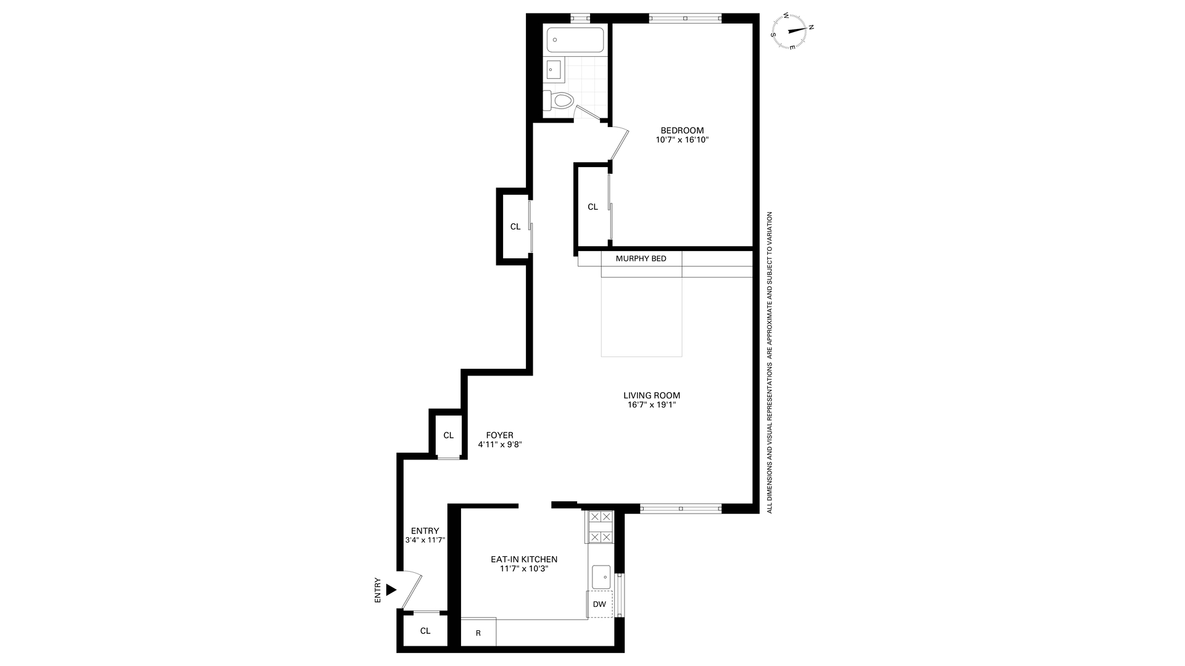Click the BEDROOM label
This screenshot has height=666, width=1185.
(x=681, y=130)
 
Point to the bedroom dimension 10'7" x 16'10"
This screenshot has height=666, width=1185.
(x=681, y=140)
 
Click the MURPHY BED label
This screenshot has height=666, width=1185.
(x=641, y=258)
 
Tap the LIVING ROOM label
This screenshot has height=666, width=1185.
(x=651, y=395)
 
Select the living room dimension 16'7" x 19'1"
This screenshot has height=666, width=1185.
(x=651, y=405)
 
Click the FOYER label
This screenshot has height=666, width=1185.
(x=499, y=435)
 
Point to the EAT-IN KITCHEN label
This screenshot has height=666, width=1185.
(x=523, y=559)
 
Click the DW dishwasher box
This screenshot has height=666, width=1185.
(x=599, y=604)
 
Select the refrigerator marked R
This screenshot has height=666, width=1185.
(x=478, y=633)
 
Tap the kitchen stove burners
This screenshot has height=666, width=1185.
(x=600, y=527)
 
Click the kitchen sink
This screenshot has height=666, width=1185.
(x=601, y=577)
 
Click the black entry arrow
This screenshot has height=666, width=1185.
(x=391, y=590)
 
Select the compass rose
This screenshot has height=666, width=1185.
(x=792, y=30)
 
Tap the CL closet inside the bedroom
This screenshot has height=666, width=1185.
(x=592, y=207)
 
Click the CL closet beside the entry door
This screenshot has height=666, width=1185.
(x=425, y=630)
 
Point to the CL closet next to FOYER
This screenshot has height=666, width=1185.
(x=448, y=435)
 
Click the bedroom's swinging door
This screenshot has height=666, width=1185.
(x=618, y=146)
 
